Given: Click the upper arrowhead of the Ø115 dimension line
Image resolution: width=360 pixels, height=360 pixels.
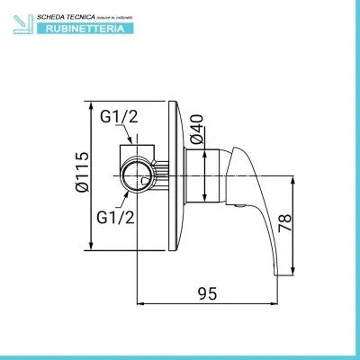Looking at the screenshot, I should click(x=93, y=103).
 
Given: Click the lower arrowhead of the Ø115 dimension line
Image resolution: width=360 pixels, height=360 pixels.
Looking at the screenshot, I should click(x=93, y=247).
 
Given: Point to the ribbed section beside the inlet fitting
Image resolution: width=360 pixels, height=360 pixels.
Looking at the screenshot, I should click(x=162, y=172).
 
